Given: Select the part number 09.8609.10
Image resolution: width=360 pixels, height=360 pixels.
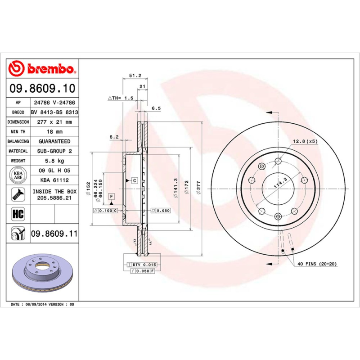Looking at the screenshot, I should pos(43,88).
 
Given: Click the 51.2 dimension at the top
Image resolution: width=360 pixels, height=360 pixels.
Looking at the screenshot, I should pos(135,76).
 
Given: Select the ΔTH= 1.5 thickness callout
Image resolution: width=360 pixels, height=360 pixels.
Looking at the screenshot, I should pos(120,98).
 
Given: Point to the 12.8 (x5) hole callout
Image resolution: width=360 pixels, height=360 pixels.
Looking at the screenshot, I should pos(305,141).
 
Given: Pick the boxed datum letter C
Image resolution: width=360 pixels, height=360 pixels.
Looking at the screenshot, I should pos(134,180).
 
